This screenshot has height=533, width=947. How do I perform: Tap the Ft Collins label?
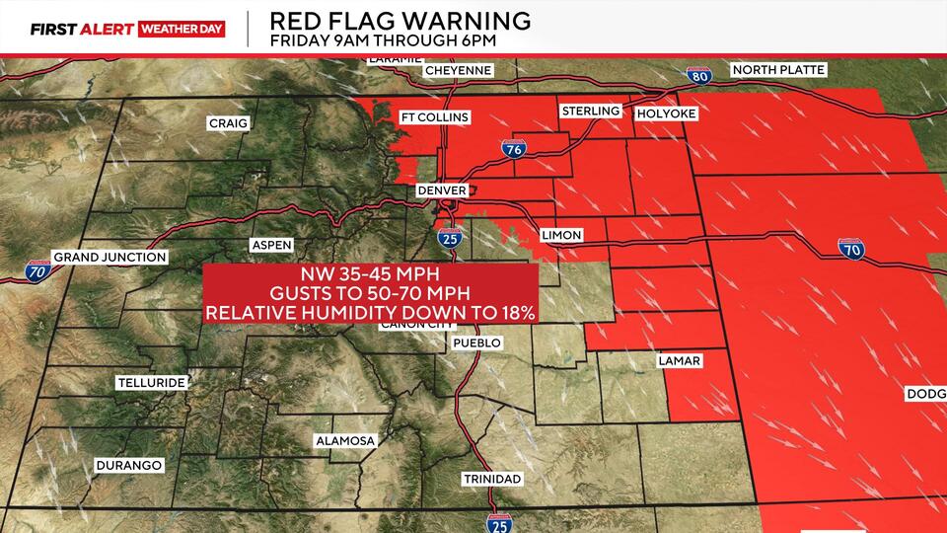[434, 116]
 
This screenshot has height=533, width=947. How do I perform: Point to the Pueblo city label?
[476, 343]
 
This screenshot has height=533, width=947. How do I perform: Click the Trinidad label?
[491, 479]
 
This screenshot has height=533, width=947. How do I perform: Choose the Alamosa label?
[344, 440]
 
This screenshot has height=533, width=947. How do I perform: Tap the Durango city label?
[128, 465]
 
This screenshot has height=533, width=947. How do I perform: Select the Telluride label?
[150, 381]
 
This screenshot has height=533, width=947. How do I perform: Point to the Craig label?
[228, 123]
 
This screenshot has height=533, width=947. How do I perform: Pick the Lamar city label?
[679, 361]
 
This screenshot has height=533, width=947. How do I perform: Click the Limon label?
[561, 235]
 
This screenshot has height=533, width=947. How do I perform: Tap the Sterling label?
[590, 111]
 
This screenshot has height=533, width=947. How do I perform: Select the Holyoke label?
[666, 114]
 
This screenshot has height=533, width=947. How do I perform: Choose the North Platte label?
[778, 70]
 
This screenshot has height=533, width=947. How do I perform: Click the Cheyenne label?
[459, 70]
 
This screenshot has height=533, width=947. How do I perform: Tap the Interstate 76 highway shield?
[514, 149]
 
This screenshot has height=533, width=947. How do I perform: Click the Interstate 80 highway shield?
[698, 75]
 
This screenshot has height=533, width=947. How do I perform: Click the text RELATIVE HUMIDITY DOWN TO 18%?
[370, 312]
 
